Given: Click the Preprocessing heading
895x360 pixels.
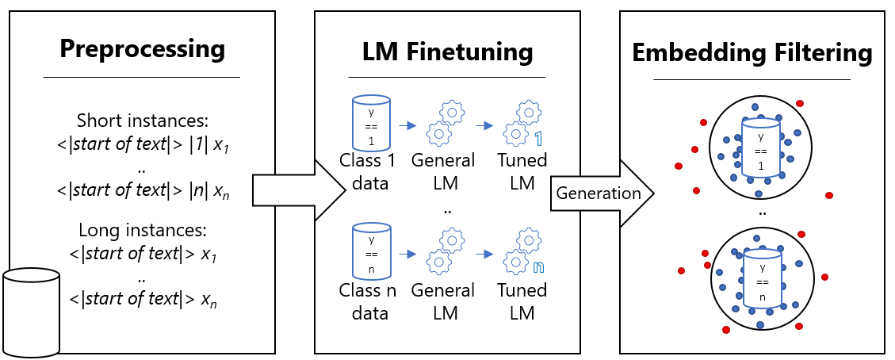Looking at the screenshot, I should (142, 48).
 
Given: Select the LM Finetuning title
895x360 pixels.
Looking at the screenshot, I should (447, 52).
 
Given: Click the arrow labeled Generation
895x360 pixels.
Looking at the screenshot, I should (600, 193).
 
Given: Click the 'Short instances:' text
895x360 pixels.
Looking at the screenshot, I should (142, 121).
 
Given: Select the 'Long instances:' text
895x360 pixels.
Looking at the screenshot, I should (142, 231).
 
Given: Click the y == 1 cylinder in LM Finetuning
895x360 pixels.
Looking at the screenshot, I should (371, 121).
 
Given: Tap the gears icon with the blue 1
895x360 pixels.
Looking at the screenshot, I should (522, 124).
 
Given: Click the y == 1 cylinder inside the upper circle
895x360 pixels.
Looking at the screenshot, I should (760, 147).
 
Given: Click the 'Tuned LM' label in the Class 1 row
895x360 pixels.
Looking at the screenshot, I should (522, 170).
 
